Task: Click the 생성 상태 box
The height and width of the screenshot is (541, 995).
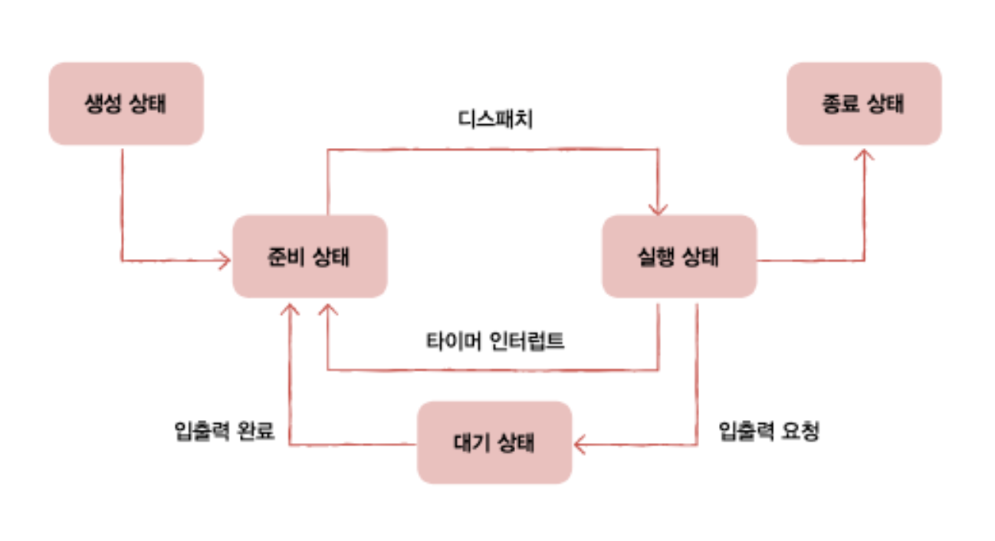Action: tap(126, 103)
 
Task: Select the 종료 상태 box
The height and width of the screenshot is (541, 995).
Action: tap(864, 103)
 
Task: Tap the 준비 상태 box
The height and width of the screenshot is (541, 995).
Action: tap(310, 256)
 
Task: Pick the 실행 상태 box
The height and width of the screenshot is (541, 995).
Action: tap(680, 256)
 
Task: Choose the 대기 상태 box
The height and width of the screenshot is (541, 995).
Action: tap(494, 442)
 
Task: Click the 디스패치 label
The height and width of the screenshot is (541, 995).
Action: tap(495, 119)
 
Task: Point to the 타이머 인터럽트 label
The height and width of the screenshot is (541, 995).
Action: tap(495, 341)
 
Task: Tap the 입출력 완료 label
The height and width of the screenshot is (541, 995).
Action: tap(225, 431)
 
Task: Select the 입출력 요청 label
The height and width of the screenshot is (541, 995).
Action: tap(769, 431)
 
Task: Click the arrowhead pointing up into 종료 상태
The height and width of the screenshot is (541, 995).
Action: tap(865, 153)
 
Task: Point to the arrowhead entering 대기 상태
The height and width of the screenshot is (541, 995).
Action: tap(578, 444)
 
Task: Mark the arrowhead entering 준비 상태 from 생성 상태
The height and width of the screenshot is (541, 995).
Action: tap(226, 261)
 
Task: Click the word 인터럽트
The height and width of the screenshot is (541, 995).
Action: tap(527, 341)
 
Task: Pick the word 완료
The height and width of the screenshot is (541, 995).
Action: tap(256, 431)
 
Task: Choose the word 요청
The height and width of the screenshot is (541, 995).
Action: tap(800, 431)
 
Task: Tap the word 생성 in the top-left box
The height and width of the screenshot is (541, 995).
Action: tap(103, 103)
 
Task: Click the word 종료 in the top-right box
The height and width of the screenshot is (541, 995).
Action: tap(840, 103)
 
